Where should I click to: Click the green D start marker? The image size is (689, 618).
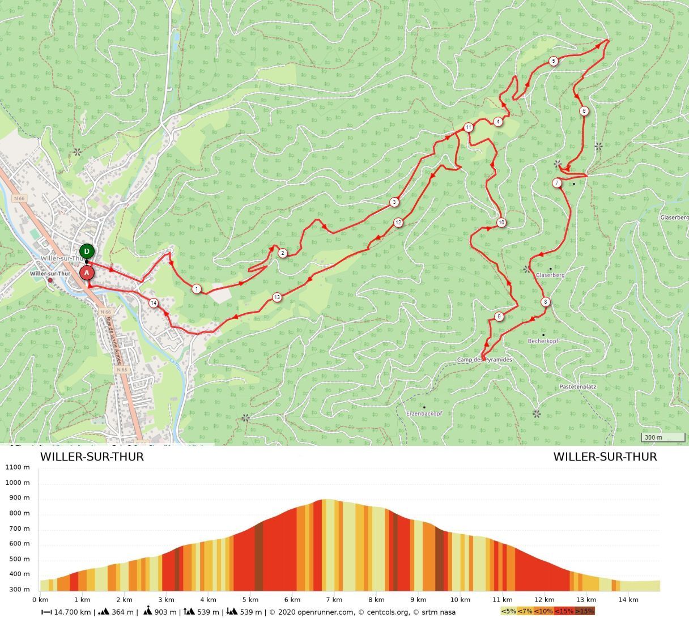87,252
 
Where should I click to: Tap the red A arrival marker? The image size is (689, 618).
87,273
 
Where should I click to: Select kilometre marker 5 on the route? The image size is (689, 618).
554,61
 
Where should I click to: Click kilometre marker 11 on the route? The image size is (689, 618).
469,127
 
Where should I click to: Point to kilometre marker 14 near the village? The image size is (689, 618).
154,303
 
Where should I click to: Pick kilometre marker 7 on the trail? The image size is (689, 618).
558,183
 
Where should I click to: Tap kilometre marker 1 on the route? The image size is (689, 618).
197,289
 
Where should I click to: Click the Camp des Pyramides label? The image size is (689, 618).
484,360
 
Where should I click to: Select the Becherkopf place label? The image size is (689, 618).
543,341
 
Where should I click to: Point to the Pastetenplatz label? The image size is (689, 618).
577,386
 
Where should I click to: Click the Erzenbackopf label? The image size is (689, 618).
424,414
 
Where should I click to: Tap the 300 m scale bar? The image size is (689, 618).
663,437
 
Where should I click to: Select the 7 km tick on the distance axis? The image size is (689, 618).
334,600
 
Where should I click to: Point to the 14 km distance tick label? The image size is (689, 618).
628,600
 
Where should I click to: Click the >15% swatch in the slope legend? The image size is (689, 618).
585,611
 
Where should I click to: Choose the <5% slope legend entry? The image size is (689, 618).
509,611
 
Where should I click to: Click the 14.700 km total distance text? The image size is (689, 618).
71,612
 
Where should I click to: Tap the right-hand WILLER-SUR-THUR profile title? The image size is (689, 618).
605,457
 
